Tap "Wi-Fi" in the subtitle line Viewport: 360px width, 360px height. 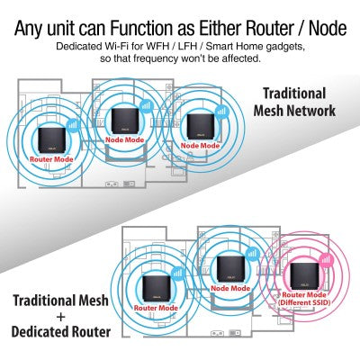[x=139, y=45]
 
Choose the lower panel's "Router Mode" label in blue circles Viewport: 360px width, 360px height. [x=156, y=307]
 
